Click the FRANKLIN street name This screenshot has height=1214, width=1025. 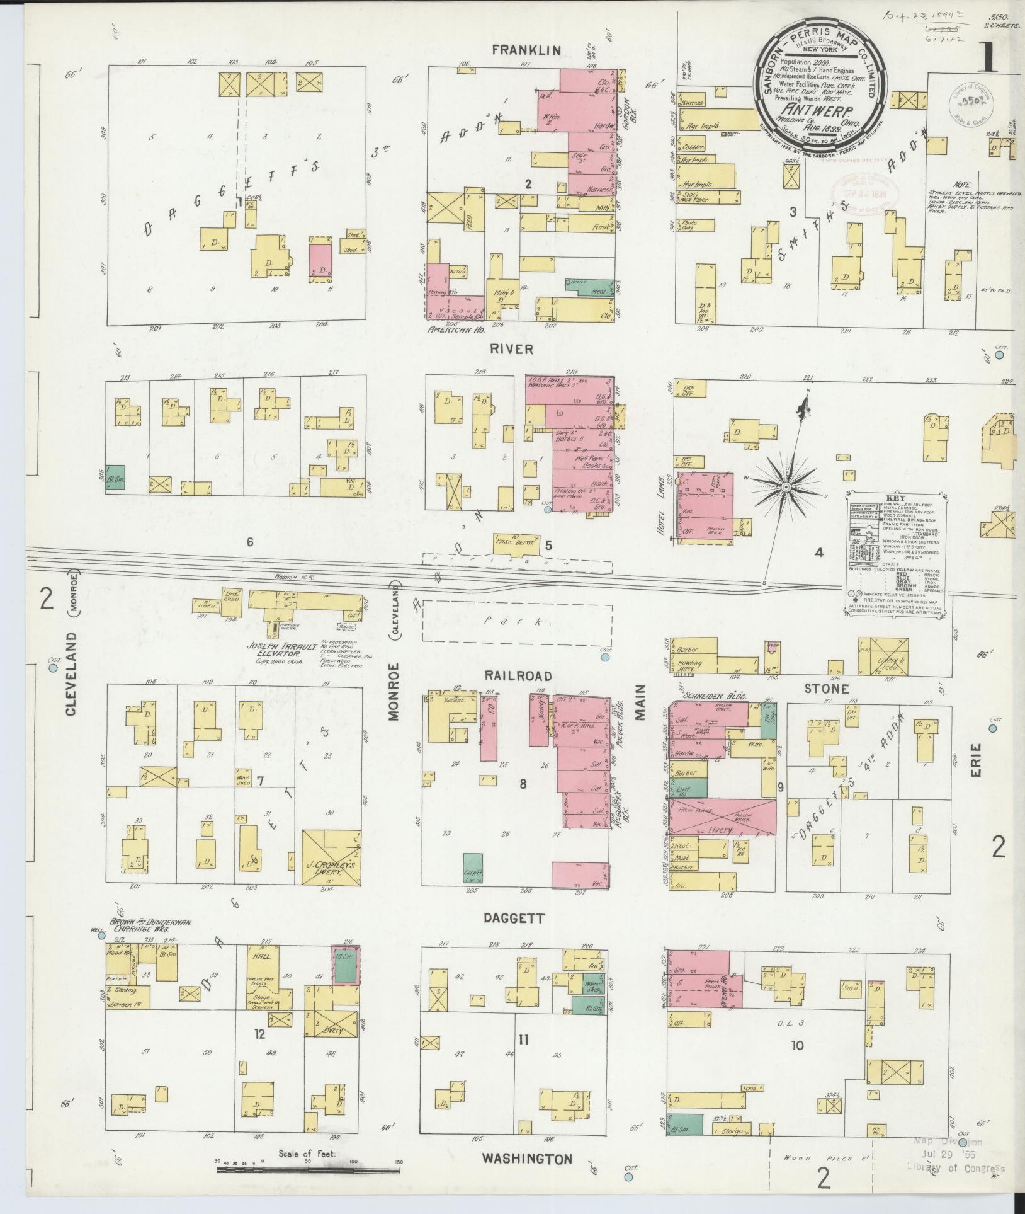point(526,50)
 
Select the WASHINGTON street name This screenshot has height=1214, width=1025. point(527,1159)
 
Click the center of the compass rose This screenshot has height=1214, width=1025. point(786,488)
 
